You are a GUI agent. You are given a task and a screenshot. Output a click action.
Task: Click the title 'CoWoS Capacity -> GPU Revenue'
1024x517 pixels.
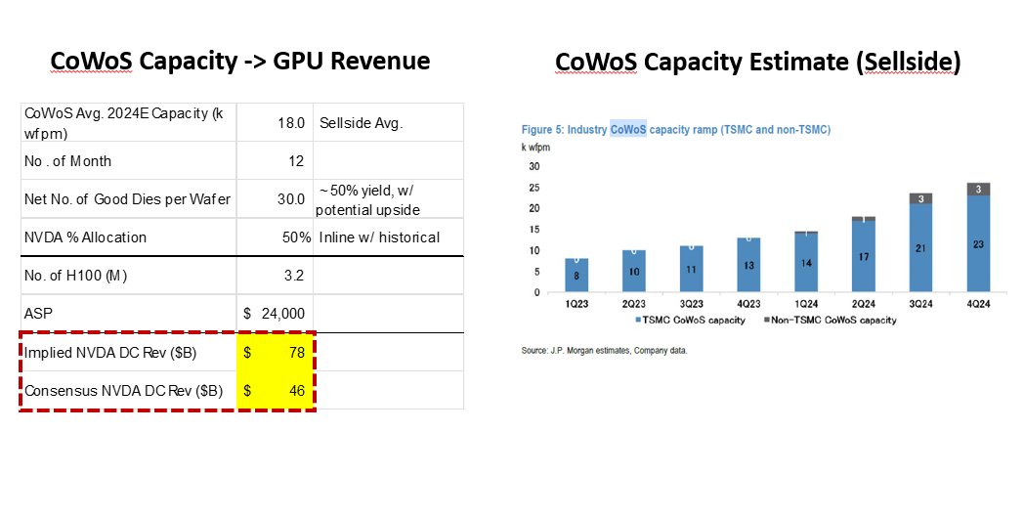click(240, 61)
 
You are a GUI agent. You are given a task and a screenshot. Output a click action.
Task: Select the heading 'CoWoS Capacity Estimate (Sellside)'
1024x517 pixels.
click(758, 62)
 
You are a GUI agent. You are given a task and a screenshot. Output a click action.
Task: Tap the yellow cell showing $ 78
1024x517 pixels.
click(275, 353)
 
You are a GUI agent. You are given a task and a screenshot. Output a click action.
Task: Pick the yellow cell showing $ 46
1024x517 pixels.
click(275, 391)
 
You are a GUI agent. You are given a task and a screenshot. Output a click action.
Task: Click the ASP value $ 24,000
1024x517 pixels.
click(275, 314)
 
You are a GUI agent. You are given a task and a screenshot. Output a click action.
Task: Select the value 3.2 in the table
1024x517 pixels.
click(293, 275)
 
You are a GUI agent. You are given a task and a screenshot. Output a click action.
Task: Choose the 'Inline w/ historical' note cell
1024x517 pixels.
click(387, 237)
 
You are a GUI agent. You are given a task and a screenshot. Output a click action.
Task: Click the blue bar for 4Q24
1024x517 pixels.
click(978, 244)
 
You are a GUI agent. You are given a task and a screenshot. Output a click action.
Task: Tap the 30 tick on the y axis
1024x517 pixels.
click(534, 166)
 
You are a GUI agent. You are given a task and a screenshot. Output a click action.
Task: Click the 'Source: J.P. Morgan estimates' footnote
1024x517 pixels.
click(604, 350)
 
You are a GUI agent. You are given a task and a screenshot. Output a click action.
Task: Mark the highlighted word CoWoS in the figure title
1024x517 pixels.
click(628, 129)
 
